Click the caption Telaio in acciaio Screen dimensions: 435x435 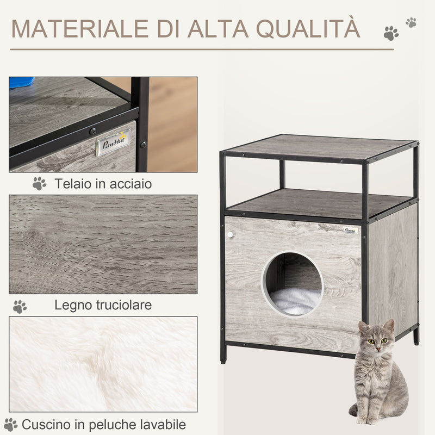point(103,184)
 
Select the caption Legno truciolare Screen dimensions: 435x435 point(103,304)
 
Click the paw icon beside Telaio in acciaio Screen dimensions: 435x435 point(39,184)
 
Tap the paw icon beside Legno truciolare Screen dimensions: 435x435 point(20,306)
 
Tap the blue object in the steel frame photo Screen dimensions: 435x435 point(22,82)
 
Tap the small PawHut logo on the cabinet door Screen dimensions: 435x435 point(351,231)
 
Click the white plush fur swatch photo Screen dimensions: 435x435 point(103,364)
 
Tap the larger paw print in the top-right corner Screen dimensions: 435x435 point(390,34)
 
